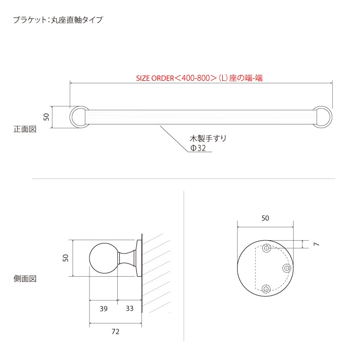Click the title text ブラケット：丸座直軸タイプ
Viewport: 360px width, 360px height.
58,21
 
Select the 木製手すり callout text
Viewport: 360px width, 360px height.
208,138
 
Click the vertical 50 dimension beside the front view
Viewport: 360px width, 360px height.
46,117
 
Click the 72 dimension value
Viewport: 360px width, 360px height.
115,332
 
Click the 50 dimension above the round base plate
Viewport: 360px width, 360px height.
265,218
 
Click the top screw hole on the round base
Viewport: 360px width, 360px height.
266,249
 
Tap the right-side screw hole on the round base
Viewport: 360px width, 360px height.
287,268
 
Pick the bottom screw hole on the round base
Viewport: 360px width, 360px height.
266,288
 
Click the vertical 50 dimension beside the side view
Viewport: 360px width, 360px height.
66,258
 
